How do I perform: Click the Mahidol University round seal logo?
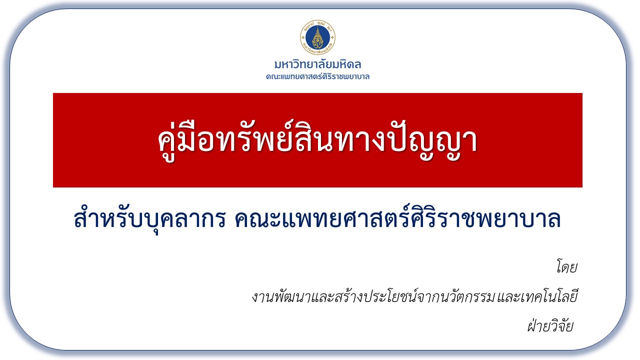pos(317,37)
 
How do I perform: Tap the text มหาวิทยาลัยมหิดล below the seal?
pos(317,64)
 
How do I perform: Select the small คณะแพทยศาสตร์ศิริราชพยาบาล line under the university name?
pos(317,76)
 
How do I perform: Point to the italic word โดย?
pos(567,267)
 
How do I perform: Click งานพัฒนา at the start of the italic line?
pos(281,296)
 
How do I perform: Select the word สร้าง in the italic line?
pos(347,296)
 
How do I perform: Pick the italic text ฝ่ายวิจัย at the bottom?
pos(550,325)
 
